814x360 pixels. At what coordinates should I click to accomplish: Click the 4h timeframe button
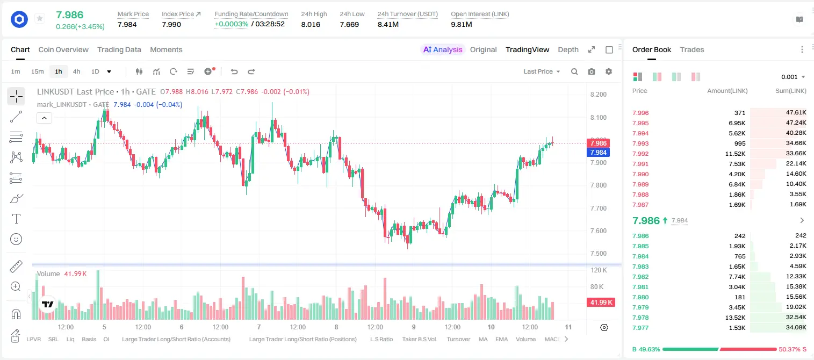[76, 71]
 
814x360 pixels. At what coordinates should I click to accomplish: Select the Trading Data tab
[119, 49]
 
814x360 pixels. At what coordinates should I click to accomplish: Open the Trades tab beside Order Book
[691, 49]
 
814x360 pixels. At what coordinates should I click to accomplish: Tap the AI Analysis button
[442, 49]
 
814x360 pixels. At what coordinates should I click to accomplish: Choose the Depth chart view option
[568, 49]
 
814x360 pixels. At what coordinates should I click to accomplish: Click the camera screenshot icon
[591, 71]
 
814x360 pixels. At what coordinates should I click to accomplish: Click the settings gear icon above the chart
[609, 71]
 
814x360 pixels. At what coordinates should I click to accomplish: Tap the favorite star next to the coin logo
[40, 18]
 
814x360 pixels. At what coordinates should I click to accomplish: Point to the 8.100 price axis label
[598, 117]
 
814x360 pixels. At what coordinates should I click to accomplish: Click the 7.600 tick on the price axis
[598, 231]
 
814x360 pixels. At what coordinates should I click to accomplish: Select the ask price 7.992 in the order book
[640, 154]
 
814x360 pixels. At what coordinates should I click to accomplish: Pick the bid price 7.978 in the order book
[640, 318]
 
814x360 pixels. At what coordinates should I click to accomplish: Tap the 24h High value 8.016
[311, 24]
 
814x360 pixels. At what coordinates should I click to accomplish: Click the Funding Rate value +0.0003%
[232, 24]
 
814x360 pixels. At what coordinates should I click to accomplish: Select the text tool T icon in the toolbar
[16, 219]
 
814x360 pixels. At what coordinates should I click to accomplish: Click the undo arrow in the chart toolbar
[234, 71]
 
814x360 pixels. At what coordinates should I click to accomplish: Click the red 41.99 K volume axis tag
[601, 303]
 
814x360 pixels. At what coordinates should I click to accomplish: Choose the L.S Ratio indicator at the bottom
[381, 339]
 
